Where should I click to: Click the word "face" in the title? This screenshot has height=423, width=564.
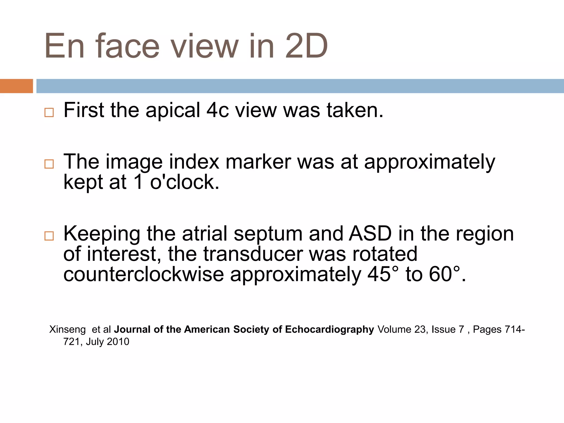(128, 46)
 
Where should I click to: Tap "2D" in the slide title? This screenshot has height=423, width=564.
(306, 46)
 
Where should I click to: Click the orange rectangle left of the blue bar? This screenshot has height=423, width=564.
(16, 86)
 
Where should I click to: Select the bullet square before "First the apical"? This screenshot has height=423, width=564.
(49, 112)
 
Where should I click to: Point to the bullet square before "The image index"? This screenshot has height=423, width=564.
(49, 164)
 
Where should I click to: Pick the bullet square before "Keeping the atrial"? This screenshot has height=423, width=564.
(49, 236)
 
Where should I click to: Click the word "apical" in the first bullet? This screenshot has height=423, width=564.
(173, 110)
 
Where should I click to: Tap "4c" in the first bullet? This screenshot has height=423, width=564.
(218, 110)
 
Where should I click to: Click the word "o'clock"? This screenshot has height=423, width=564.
(184, 182)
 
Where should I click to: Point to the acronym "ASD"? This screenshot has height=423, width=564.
(370, 234)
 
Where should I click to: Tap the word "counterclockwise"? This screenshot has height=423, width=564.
(143, 274)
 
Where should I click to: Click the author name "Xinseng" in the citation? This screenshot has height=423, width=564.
(67, 329)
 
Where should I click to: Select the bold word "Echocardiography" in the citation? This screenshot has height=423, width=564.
(329, 329)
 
